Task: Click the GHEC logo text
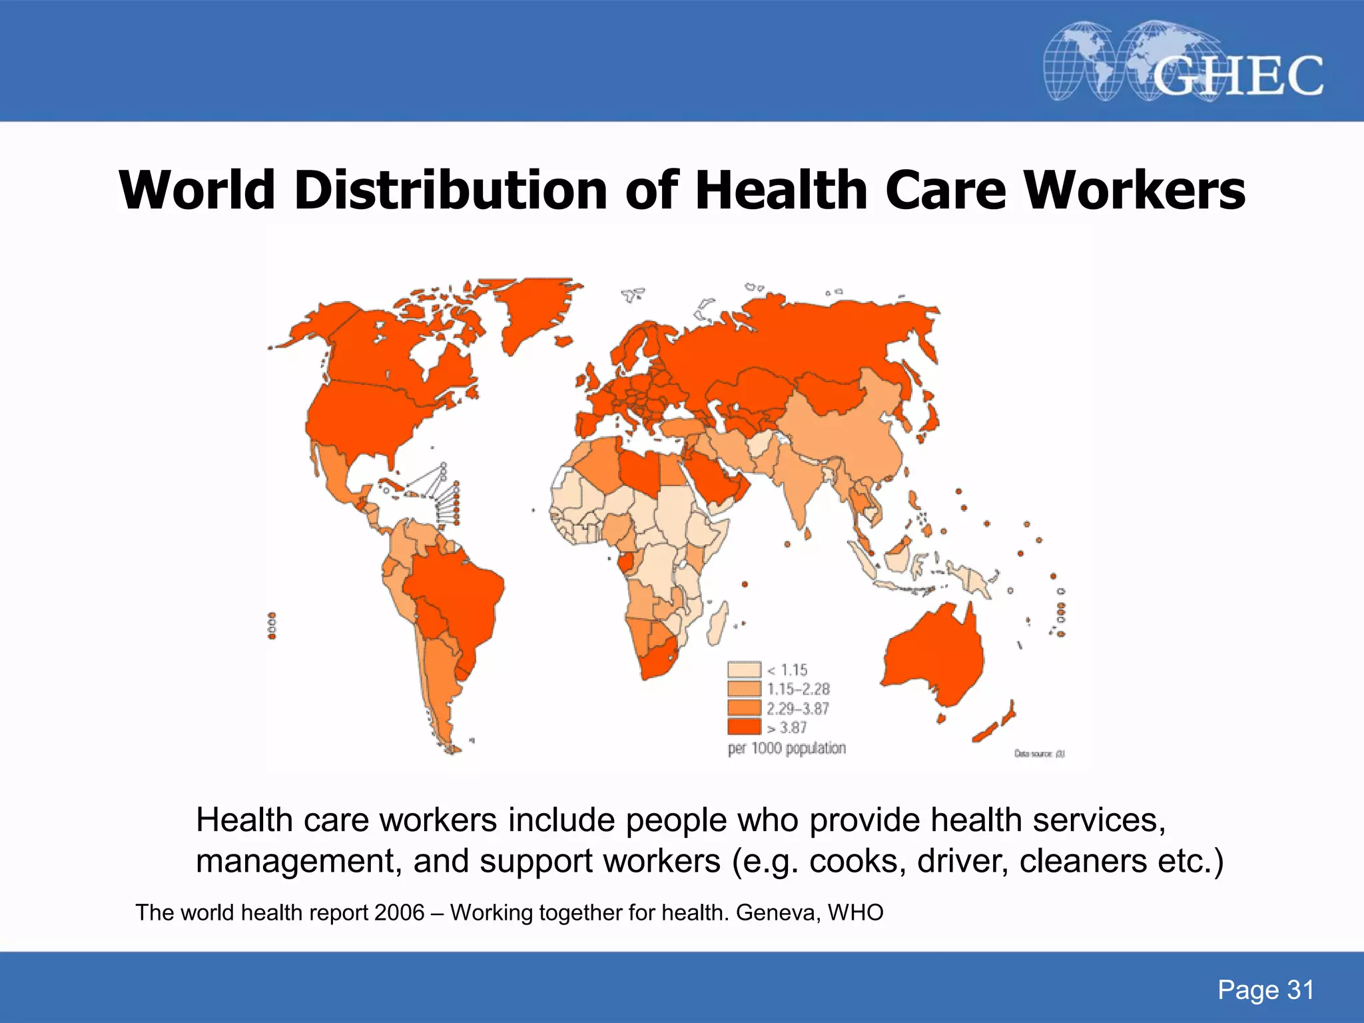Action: (1237, 76)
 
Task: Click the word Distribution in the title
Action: (450, 190)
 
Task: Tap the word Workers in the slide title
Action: (1134, 190)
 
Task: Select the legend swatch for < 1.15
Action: (744, 669)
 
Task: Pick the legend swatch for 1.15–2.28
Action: (744, 689)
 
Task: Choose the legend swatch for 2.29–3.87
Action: (744, 708)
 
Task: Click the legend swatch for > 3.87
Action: (744, 727)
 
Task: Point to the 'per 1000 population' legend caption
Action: (787, 749)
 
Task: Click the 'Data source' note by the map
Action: (1039, 754)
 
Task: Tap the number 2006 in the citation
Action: (399, 912)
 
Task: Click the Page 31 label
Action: (1265, 990)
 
